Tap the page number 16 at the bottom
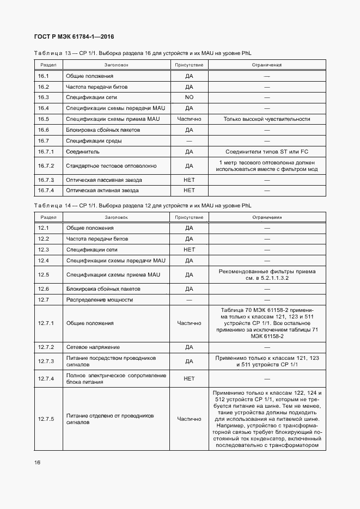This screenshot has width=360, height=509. [x=37, y=462]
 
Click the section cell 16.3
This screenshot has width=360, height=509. [x=44, y=97]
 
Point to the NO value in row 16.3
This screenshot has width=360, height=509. [x=189, y=97]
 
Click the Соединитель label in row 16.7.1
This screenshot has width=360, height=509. [x=82, y=151]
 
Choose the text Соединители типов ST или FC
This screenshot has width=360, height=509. [x=267, y=151]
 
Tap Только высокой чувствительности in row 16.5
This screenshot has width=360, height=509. [x=267, y=119]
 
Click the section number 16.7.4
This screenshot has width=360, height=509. [x=46, y=191]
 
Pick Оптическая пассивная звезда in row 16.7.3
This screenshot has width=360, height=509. [x=103, y=180]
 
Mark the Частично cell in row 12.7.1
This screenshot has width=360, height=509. [x=189, y=323]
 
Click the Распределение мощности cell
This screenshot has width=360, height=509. [x=99, y=299]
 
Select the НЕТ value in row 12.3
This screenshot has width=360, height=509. [x=189, y=249]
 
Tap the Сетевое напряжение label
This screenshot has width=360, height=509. [x=93, y=347]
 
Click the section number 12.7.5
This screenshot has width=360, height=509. [x=46, y=419]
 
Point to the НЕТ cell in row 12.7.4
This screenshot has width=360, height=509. [x=189, y=378]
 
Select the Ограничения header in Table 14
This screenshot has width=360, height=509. [x=267, y=217]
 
